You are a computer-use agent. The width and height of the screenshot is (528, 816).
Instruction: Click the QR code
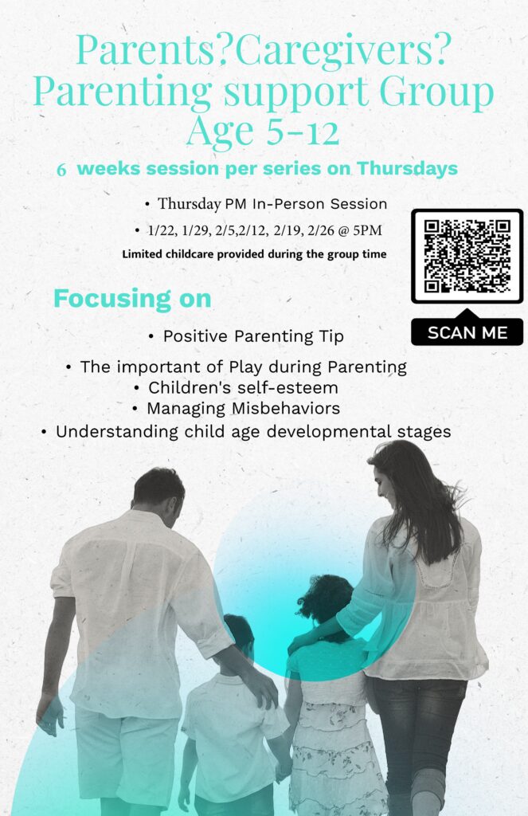click(467, 256)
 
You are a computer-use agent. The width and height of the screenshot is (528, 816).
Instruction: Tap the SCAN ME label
click(467, 332)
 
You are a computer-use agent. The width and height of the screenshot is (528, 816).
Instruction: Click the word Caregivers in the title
click(336, 51)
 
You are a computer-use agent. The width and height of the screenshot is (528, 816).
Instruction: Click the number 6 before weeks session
click(61, 171)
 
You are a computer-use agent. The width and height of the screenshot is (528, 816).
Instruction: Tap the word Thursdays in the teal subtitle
click(407, 169)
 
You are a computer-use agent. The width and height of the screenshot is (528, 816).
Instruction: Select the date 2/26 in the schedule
click(320, 230)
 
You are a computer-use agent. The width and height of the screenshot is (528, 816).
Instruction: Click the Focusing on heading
click(132, 299)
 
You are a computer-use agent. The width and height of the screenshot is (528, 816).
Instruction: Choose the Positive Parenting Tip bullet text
click(253, 336)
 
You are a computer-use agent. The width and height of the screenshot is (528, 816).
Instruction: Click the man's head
click(158, 494)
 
